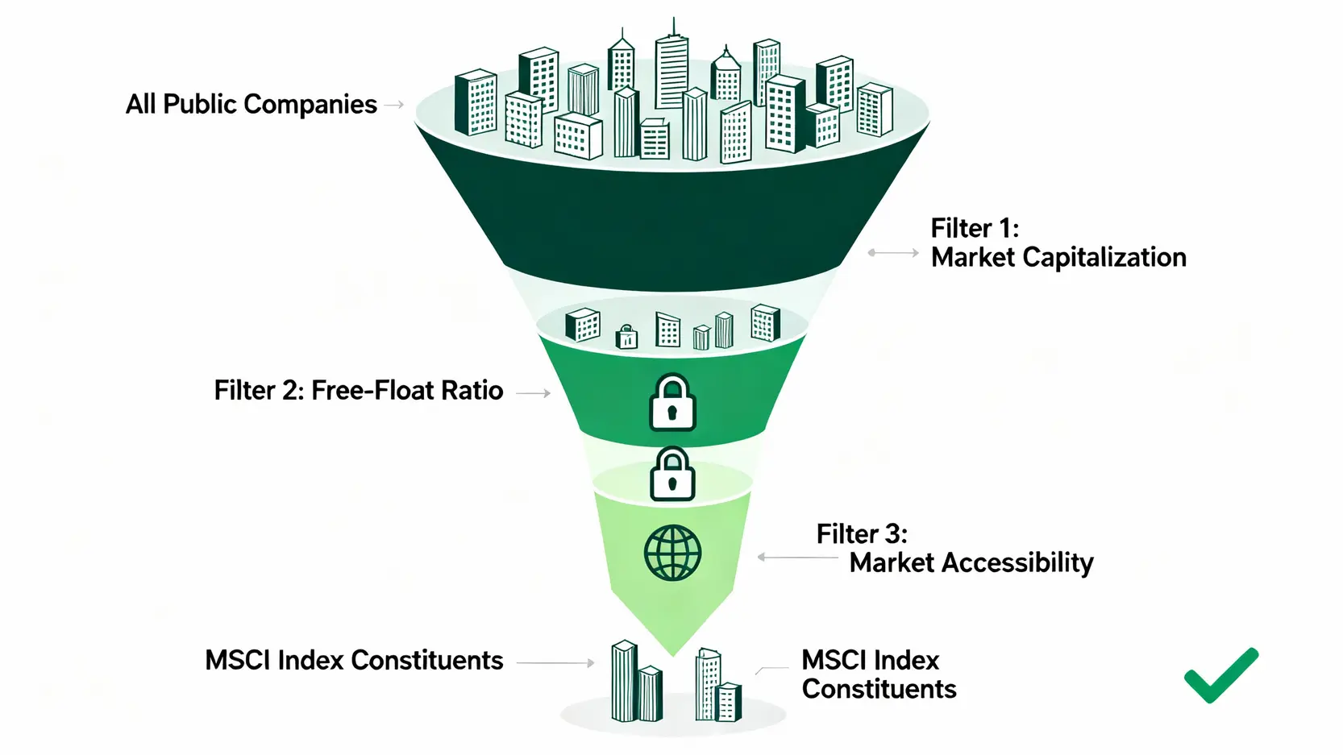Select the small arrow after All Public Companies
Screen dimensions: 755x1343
click(x=393, y=104)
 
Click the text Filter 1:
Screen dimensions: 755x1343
click(x=975, y=228)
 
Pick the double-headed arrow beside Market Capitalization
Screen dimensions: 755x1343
click(x=892, y=253)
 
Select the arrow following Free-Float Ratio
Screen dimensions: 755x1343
click(x=533, y=393)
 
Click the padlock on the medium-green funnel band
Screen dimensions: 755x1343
click(x=672, y=402)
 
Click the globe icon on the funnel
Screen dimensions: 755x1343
click(x=672, y=554)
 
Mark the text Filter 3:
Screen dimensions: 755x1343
click(x=862, y=534)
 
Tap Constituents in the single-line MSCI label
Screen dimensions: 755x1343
click(x=427, y=661)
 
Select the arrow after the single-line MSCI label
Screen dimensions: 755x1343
click(x=555, y=663)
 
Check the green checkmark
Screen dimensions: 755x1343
click(x=1220, y=675)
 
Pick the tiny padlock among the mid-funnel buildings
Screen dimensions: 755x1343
click(x=626, y=337)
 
